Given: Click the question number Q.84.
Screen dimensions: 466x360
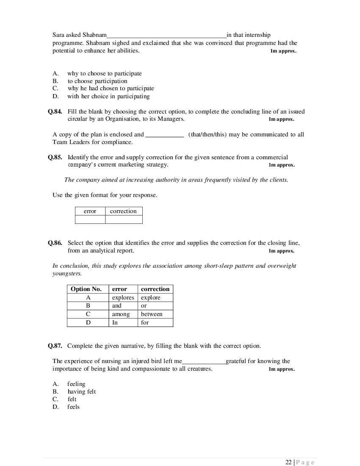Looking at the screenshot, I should click(x=55, y=112).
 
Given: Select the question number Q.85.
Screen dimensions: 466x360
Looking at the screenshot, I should click(x=55, y=157).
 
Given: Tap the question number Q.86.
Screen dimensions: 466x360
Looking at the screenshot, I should click(x=55, y=243).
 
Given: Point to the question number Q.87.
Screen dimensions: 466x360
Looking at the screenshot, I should click(x=55, y=346).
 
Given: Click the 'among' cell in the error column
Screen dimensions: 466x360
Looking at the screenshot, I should click(x=121, y=314).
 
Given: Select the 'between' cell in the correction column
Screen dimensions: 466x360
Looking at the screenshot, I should click(x=152, y=314).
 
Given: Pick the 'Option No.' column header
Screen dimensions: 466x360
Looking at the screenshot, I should click(x=86, y=289).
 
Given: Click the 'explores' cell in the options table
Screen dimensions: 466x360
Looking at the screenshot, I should click(x=123, y=298).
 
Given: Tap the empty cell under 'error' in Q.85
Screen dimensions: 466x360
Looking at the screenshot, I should click(x=90, y=219).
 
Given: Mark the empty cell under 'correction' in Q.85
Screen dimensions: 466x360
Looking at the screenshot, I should click(x=123, y=219).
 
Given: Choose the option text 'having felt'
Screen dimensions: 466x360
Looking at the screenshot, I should click(x=81, y=392).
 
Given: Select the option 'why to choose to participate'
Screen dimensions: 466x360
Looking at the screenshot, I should click(x=104, y=74).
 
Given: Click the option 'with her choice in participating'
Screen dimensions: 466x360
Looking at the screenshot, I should click(x=108, y=97).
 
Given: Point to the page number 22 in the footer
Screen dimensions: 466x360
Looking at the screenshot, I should click(x=288, y=462).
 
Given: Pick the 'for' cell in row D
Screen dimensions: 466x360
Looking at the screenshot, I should click(x=145, y=323).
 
